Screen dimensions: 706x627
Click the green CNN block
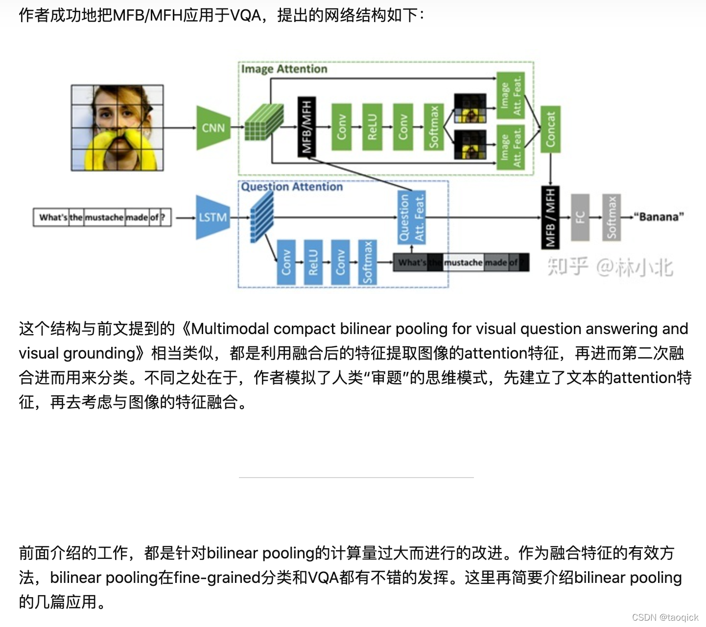[x=213, y=128]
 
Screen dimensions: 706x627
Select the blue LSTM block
[x=213, y=217]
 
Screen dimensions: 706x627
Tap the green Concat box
[x=550, y=129]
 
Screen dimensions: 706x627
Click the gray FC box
[x=580, y=217]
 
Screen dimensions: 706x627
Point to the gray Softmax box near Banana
[x=612, y=217]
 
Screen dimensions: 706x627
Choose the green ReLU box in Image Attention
[x=372, y=127]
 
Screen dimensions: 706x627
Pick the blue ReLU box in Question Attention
[x=313, y=262]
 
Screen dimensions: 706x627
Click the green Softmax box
[x=433, y=127]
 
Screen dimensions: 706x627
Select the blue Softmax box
[x=367, y=262]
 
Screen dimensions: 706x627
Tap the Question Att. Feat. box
[x=411, y=217]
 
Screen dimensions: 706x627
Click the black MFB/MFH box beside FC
[x=550, y=217]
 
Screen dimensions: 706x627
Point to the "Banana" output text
[x=659, y=217]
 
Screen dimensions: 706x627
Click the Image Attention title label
[x=284, y=69]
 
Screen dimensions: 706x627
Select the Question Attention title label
[x=292, y=187]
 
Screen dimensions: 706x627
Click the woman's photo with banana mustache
[x=118, y=128]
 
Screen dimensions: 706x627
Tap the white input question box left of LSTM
[x=102, y=217]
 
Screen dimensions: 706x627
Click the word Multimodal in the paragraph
[x=230, y=328]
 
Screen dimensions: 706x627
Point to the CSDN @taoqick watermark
[x=665, y=617]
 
